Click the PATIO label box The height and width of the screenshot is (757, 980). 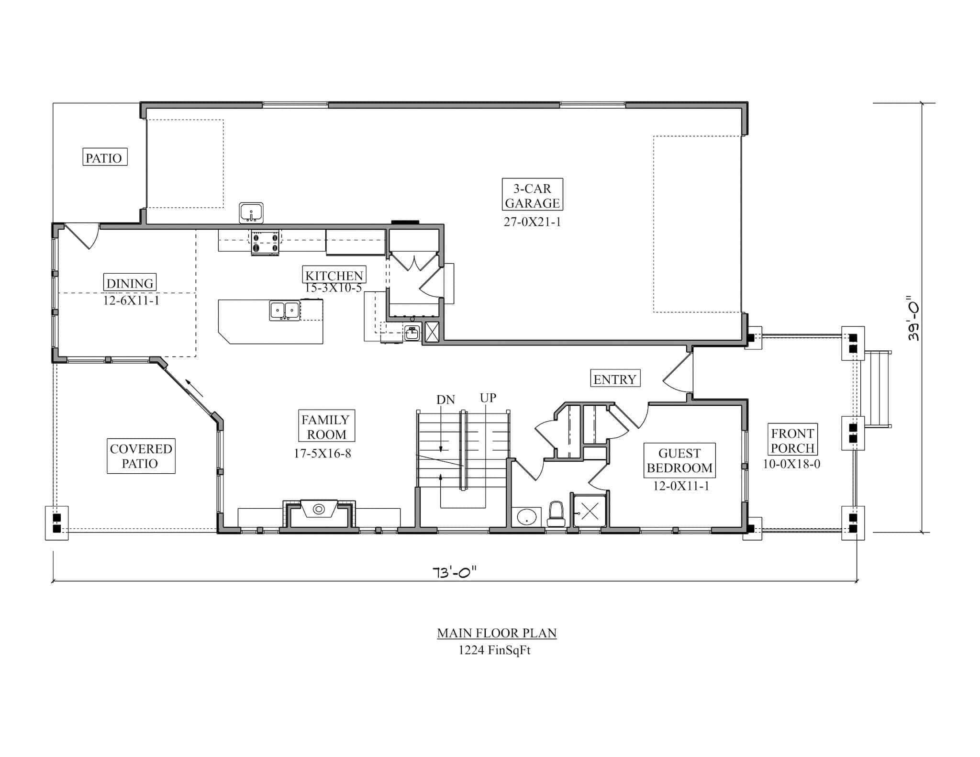(105, 157)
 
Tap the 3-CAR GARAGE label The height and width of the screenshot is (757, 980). (532, 195)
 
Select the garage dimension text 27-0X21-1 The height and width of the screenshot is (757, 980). (532, 222)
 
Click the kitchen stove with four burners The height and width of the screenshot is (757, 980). (266, 242)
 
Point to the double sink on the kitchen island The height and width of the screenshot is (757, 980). (284, 310)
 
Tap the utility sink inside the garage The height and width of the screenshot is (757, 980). (251, 212)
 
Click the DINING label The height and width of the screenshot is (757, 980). (130, 283)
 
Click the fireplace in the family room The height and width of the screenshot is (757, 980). (319, 513)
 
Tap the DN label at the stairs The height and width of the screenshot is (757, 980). (445, 400)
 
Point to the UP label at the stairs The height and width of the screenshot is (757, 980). (488, 398)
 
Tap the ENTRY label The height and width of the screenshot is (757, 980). (615, 379)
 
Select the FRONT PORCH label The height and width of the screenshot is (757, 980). (792, 440)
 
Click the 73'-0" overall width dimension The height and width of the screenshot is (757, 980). (454, 572)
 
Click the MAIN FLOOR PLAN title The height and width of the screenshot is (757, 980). (496, 633)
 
